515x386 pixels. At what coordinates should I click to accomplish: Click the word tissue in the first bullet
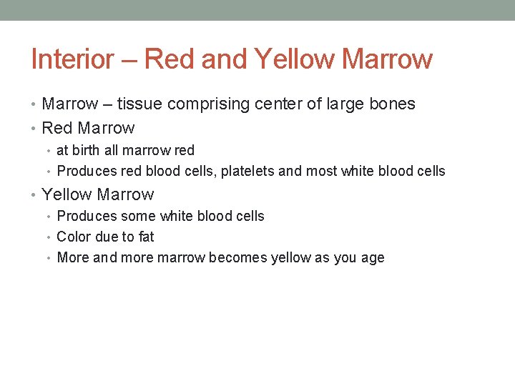point(139,104)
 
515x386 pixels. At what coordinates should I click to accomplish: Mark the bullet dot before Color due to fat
point(50,237)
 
